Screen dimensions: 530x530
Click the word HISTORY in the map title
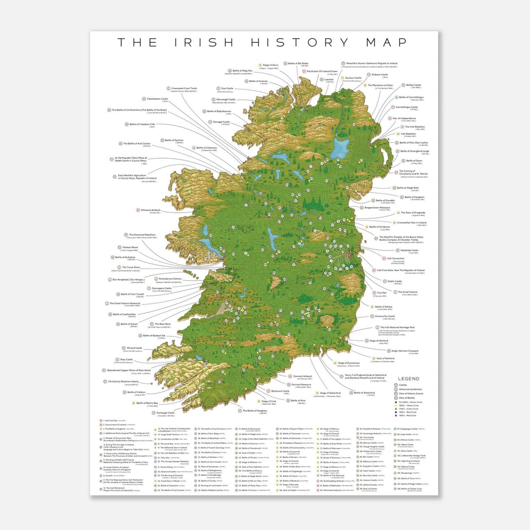pos(300,43)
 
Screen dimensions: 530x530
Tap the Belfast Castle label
pos(413,85)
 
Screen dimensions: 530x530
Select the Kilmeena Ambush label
pos(150,210)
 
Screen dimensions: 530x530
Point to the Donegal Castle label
pos(221,122)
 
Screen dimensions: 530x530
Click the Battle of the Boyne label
pos(379,227)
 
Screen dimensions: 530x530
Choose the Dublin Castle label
pos(395,281)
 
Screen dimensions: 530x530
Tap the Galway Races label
pos(130,248)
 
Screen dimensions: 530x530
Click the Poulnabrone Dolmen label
pos(170,279)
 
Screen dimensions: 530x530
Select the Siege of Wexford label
pos(378,341)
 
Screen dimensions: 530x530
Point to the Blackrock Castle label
pos(280,391)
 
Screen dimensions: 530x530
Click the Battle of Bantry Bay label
pos(147,403)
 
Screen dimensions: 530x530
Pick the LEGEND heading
pos(409,379)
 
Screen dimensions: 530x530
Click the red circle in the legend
pos(396,416)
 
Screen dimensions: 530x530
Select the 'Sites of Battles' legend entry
pos(407,398)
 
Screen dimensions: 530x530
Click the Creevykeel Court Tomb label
pos(184,88)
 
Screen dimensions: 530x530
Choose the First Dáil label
pos(381,293)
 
